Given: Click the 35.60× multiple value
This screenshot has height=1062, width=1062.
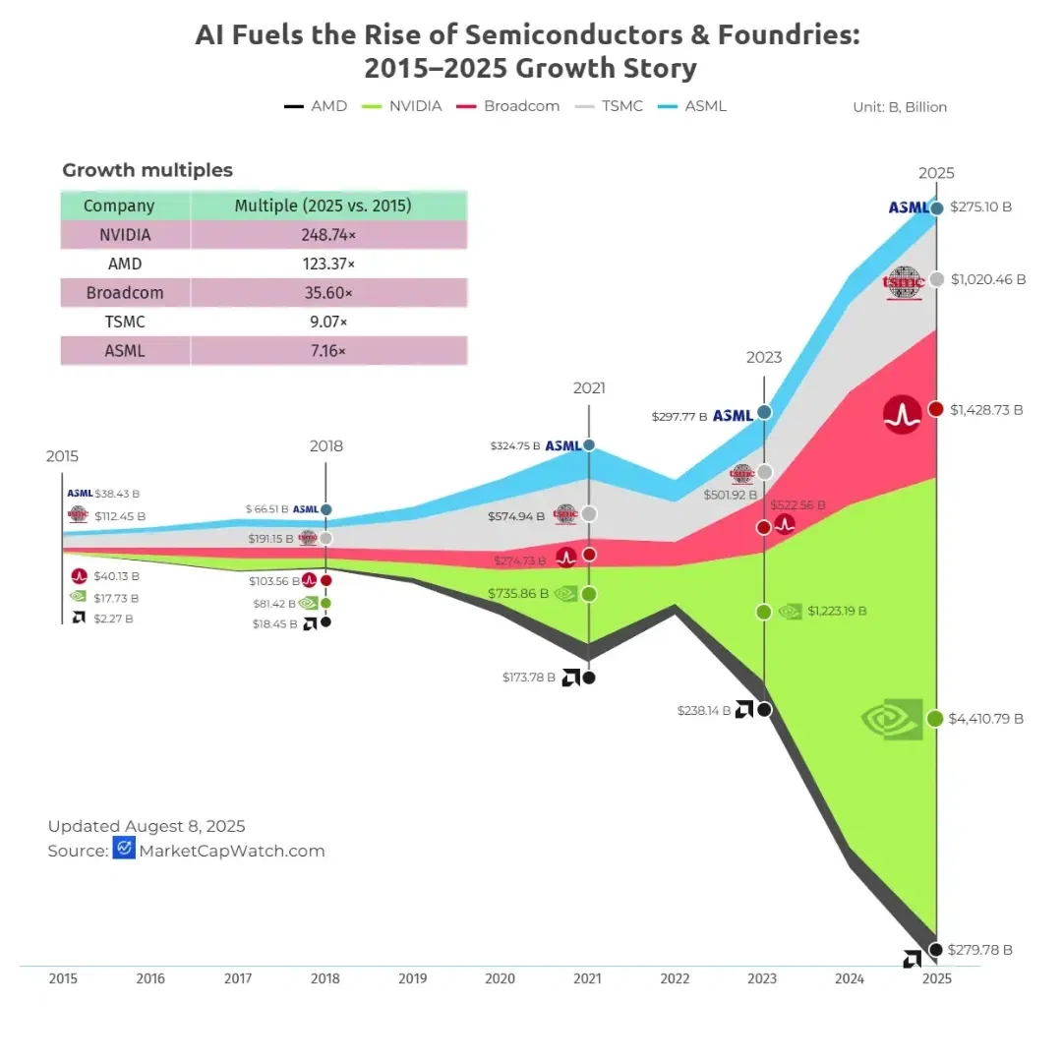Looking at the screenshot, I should coord(329,293).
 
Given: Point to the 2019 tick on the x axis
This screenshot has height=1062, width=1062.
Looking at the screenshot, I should coord(412,978).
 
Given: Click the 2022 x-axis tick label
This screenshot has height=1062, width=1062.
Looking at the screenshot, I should coord(675,978).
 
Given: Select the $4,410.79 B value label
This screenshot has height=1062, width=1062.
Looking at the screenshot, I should coord(986,719).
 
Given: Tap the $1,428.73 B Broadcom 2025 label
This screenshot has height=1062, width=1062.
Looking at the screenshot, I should coord(986,410).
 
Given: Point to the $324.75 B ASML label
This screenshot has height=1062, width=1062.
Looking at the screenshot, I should coord(515,445).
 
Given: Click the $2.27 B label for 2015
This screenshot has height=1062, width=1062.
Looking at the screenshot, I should coord(113,619).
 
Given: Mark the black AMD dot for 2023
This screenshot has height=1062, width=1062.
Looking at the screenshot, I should coord(764,709).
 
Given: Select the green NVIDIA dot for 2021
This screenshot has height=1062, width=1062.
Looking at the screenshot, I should coord(588,594).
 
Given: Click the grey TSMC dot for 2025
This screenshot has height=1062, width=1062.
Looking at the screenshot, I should coord(936,279).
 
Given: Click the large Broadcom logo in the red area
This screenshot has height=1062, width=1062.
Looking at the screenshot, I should coord(903,415).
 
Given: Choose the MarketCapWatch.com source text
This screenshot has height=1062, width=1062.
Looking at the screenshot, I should coord(232,851).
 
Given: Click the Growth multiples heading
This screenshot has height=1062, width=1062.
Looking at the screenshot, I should coord(147,170).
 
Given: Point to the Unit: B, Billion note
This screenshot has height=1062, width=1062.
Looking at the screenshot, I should coord(900,107).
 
